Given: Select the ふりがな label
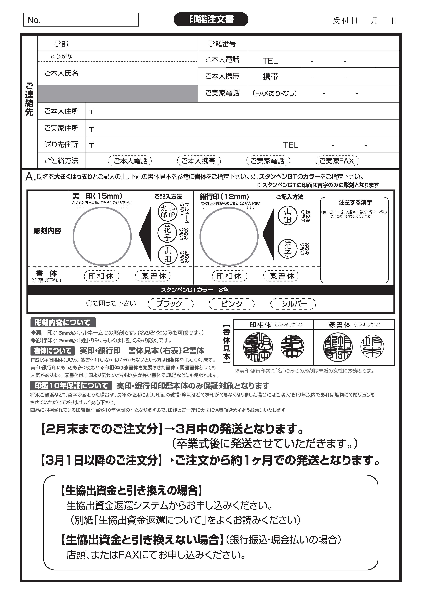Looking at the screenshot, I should (x=61, y=56).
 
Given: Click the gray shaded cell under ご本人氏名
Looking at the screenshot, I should (x=118, y=93).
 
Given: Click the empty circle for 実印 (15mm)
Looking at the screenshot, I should (x=102, y=236).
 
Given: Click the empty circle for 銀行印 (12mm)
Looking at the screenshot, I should (x=229, y=236).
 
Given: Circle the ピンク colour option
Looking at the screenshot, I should (x=232, y=304).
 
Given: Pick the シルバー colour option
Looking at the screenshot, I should (x=293, y=304).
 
